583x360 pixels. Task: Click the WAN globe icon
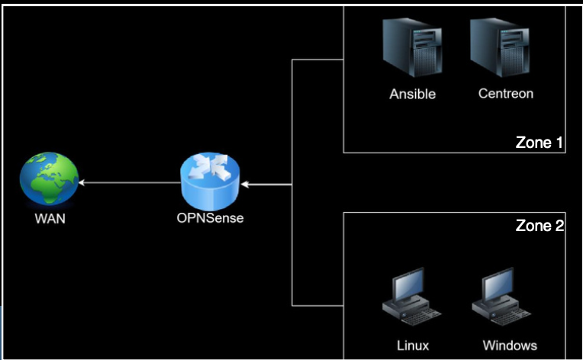click(49, 180)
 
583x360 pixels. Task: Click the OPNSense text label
click(210, 219)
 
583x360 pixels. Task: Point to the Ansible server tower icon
click(413, 50)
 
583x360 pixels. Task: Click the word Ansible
click(413, 95)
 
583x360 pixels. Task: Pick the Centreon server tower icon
click(501, 50)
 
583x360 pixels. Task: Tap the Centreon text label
click(505, 95)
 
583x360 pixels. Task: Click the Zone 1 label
click(539, 142)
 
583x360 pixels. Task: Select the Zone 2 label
click(539, 226)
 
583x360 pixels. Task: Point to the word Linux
click(413, 346)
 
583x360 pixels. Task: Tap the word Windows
click(510, 346)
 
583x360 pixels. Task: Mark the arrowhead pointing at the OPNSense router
click(244, 184)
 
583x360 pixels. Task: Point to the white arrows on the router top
click(210, 169)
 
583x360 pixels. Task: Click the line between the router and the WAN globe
click(130, 183)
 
